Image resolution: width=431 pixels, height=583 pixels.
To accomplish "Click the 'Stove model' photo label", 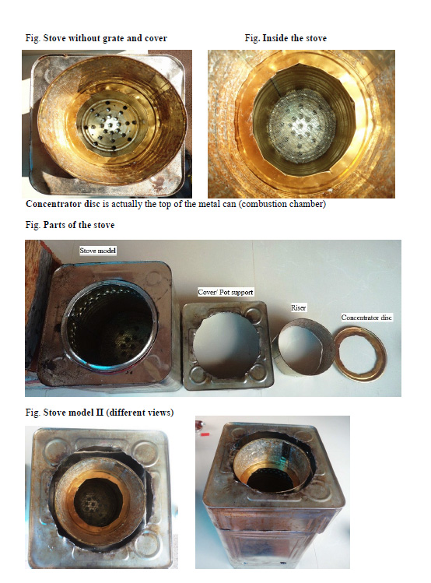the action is pyautogui.click(x=98, y=251).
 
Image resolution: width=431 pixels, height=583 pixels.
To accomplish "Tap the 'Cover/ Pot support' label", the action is pyautogui.click(x=226, y=292).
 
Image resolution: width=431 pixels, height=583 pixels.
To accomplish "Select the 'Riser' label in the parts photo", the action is pyautogui.click(x=299, y=308).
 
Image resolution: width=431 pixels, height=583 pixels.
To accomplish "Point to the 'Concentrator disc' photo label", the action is pyautogui.click(x=366, y=318).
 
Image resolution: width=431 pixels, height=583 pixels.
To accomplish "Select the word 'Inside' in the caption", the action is pyautogui.click(x=275, y=38).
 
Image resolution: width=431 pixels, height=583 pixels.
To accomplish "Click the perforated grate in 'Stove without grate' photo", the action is pyautogui.click(x=110, y=121).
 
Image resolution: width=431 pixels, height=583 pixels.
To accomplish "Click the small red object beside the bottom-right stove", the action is pyautogui.click(x=205, y=434).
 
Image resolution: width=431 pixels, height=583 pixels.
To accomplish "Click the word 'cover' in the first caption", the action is pyautogui.click(x=156, y=38).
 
